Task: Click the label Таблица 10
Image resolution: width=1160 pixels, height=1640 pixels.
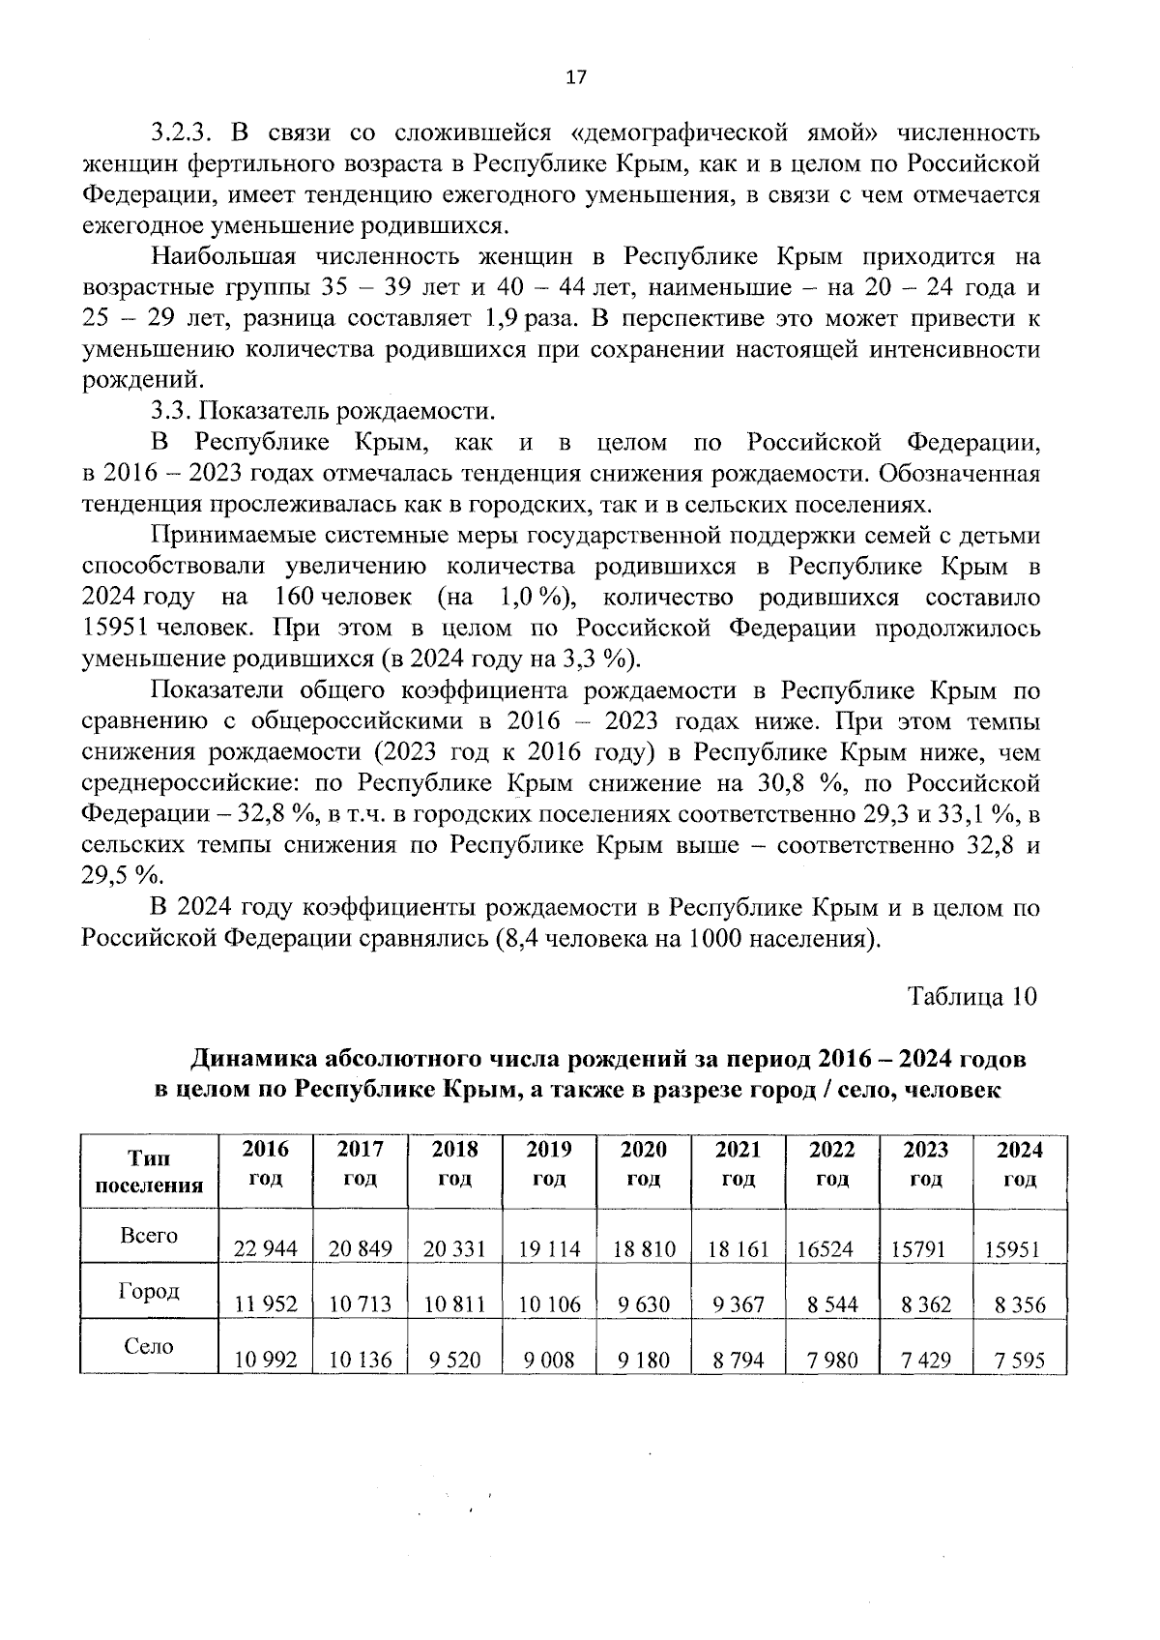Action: (971, 996)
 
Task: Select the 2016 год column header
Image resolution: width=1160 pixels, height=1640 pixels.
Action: (266, 1163)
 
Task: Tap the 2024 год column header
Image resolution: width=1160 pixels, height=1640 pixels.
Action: (1020, 1163)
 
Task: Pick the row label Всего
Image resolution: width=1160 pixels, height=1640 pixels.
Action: (149, 1235)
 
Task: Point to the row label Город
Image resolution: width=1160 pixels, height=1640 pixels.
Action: (149, 1291)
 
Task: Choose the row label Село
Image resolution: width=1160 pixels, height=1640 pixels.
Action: (149, 1346)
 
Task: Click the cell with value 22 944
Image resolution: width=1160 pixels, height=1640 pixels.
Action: (266, 1248)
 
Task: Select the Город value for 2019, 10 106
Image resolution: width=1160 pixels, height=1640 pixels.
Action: (549, 1304)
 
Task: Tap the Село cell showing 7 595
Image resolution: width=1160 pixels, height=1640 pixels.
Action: (1020, 1361)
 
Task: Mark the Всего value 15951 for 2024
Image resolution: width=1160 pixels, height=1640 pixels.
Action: (1011, 1248)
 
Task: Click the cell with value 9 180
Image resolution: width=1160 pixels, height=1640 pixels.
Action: (644, 1361)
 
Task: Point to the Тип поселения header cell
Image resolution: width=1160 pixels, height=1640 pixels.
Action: (149, 1171)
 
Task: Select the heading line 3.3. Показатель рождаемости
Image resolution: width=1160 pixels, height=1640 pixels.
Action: (323, 412)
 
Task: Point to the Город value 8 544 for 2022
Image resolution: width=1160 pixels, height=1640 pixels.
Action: (832, 1304)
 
